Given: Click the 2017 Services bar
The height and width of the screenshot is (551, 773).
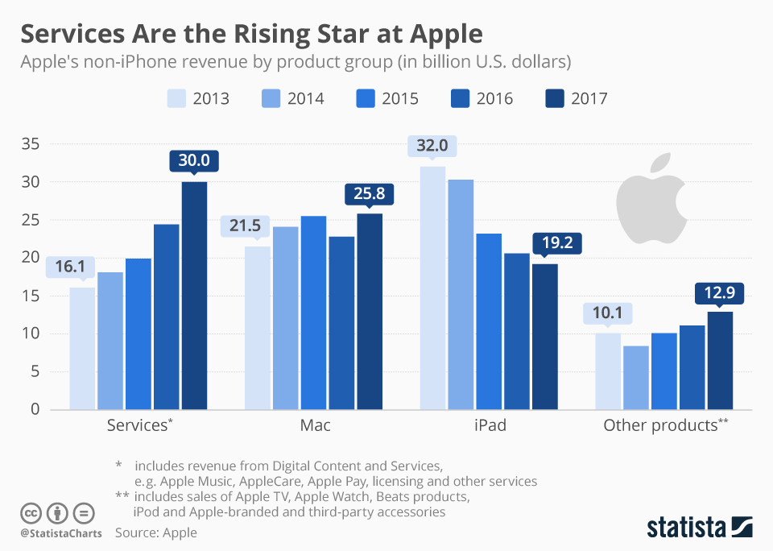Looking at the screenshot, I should point(194,296).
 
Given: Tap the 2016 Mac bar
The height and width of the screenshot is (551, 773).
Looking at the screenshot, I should point(341,322).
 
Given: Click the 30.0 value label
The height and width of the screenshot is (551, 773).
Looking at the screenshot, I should point(194,160).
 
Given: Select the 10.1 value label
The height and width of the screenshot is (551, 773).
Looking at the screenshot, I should point(608,313).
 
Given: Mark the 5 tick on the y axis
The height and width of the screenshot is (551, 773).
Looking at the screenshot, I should point(35,371).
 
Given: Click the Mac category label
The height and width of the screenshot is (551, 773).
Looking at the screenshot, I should point(314,425).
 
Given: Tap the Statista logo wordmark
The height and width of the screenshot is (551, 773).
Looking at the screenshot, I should point(684,528).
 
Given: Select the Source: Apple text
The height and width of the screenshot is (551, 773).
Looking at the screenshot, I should point(155,532).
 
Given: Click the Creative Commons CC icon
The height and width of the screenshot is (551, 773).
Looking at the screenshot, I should point(31,512).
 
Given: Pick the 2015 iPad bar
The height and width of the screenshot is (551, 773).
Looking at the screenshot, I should point(489,321).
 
